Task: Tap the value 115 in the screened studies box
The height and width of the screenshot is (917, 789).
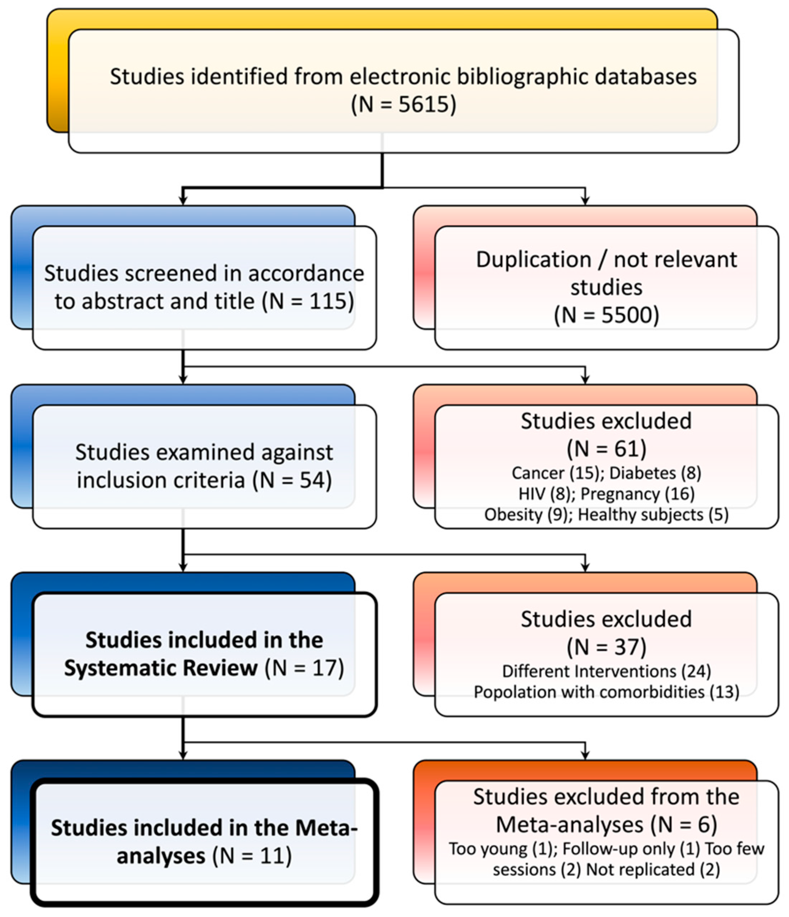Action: tap(328, 301)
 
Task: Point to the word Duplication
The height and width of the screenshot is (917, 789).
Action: tap(533, 260)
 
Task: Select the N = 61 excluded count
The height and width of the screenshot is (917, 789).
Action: tap(606, 448)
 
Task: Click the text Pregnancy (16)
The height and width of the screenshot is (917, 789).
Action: tap(637, 494)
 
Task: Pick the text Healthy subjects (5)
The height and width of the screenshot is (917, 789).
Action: tap(653, 514)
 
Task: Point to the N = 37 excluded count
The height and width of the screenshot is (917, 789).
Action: tap(606, 647)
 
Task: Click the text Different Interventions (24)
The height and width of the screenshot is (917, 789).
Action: tap(606, 671)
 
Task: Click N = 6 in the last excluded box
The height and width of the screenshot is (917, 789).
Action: tap(684, 824)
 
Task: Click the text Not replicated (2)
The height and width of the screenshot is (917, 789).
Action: tap(653, 869)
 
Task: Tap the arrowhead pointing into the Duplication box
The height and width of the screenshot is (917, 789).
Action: tap(585, 202)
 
